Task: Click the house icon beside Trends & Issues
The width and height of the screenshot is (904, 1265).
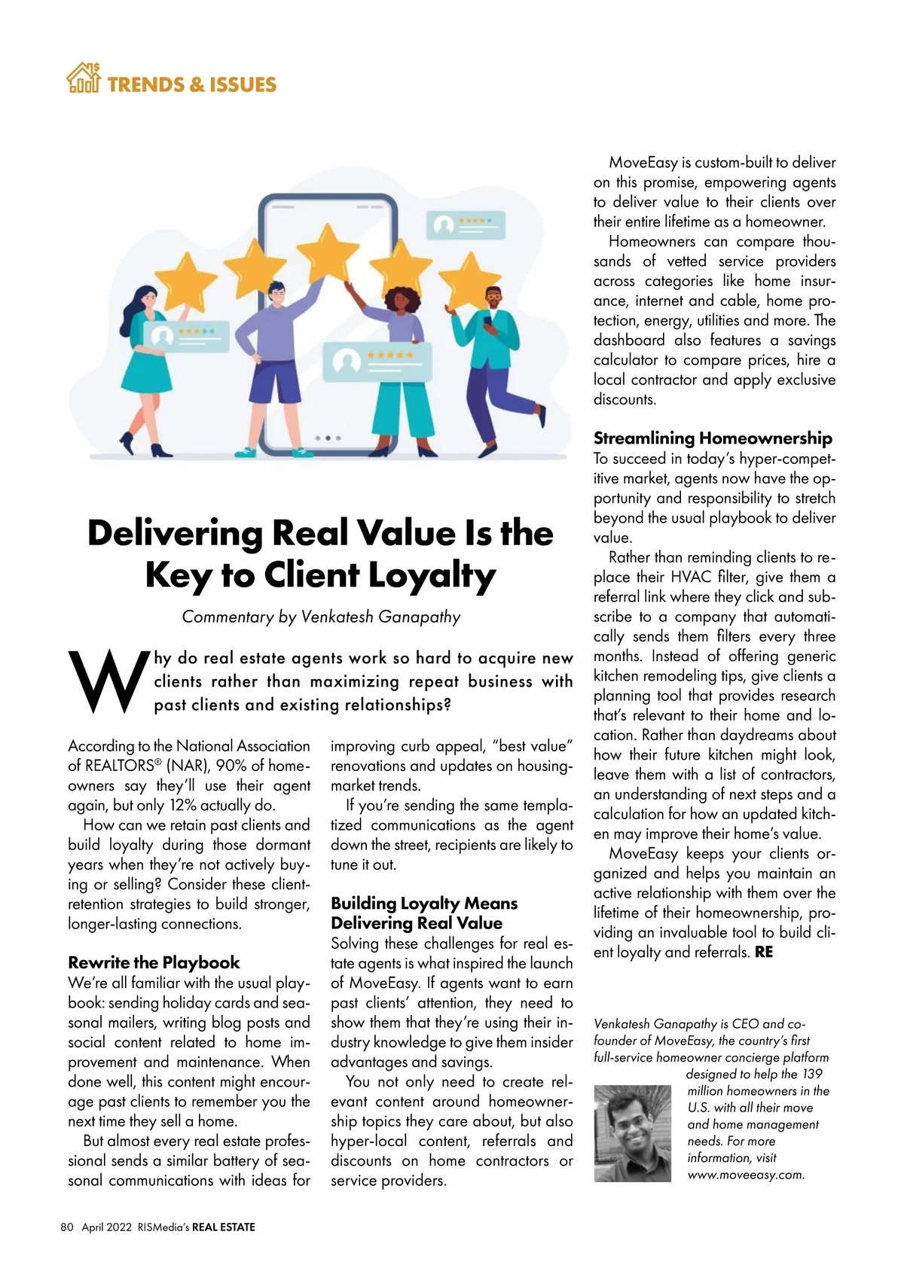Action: [x=83, y=78]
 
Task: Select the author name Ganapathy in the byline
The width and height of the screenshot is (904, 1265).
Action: [x=419, y=617]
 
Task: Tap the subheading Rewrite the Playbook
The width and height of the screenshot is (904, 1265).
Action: [x=154, y=962]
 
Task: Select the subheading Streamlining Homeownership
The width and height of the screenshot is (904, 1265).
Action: [x=713, y=438]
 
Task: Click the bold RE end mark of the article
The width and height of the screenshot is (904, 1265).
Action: [x=763, y=952]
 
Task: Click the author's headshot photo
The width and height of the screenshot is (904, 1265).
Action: [x=632, y=1132]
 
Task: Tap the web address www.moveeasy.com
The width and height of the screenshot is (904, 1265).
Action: [x=746, y=1175]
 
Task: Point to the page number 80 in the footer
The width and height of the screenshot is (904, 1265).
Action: [x=67, y=1227]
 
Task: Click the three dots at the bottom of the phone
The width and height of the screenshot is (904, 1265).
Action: [x=328, y=437]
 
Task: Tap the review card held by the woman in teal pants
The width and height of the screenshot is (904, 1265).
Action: [x=377, y=361]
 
